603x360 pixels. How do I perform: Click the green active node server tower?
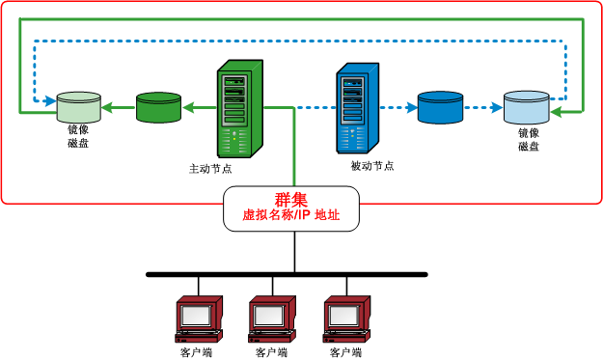235,108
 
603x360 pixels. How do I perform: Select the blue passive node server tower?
356,108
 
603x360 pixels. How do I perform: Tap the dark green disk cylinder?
159,107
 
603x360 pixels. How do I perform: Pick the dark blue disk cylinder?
442,107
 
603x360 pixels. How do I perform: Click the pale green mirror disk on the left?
78,106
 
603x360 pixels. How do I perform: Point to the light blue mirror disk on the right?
527,106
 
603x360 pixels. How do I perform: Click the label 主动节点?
210,168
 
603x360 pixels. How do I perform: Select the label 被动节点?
372,166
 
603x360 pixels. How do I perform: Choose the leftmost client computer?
198,319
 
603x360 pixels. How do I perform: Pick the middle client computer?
271,319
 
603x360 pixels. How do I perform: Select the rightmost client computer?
345,319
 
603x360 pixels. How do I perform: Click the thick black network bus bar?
286,274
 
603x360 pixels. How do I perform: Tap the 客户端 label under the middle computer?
271,353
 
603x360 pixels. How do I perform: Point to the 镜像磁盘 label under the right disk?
528,140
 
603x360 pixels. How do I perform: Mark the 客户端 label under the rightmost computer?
345,353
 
